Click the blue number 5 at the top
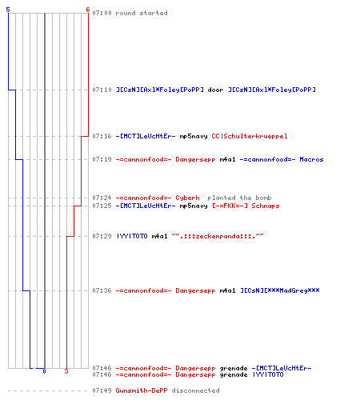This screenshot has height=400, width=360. [8, 10]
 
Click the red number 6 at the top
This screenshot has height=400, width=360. [88, 10]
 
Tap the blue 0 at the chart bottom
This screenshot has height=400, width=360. [44, 371]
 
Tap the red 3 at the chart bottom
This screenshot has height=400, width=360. [66, 371]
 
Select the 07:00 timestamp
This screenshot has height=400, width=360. [102, 13]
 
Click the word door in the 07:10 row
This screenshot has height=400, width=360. [215, 90]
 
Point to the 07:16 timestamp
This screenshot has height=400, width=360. [102, 136]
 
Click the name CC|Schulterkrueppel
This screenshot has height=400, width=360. [250, 136]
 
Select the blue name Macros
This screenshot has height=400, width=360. [311, 159]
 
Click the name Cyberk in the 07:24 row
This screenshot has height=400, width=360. [187, 198]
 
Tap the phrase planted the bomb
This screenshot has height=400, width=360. [239, 198]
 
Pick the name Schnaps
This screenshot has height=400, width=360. [266, 206]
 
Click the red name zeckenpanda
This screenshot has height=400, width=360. [218, 236]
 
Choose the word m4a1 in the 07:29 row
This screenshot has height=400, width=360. [159, 236]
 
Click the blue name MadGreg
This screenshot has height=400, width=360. [280, 290]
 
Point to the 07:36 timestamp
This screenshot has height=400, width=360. [102, 290]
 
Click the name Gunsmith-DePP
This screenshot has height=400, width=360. [142, 390]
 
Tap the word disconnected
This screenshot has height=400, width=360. [195, 390]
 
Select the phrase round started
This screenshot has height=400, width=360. [142, 13]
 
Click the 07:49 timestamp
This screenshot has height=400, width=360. [102, 390]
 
